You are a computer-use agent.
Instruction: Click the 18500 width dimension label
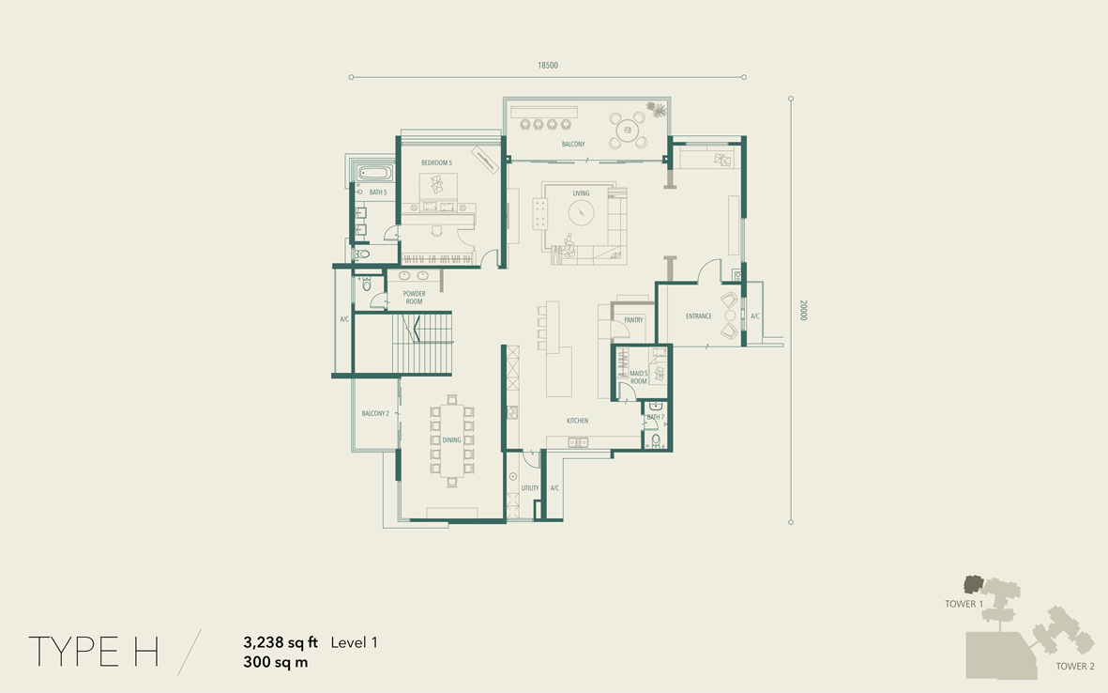(548, 65)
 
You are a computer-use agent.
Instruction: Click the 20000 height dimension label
(803, 310)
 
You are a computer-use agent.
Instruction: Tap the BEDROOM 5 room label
(436, 162)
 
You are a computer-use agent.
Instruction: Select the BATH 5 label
(378, 192)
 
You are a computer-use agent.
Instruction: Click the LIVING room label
(581, 193)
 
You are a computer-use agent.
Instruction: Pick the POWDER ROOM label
(414, 298)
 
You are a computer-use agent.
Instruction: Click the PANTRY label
(634, 319)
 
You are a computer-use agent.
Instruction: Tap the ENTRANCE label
(699, 316)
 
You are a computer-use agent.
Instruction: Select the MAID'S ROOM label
(639, 377)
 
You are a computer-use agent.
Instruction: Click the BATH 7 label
(656, 417)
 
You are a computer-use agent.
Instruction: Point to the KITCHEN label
(577, 421)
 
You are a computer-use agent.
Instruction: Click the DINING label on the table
(451, 439)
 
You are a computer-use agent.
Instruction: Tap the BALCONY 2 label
(375, 413)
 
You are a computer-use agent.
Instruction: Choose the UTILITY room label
(530, 488)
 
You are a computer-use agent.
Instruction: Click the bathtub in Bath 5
(373, 173)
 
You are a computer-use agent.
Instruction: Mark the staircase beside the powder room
(422, 342)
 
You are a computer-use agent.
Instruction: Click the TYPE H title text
(93, 652)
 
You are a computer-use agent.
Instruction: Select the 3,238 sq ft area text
(281, 643)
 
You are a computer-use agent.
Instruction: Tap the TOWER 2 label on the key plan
(1075, 666)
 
